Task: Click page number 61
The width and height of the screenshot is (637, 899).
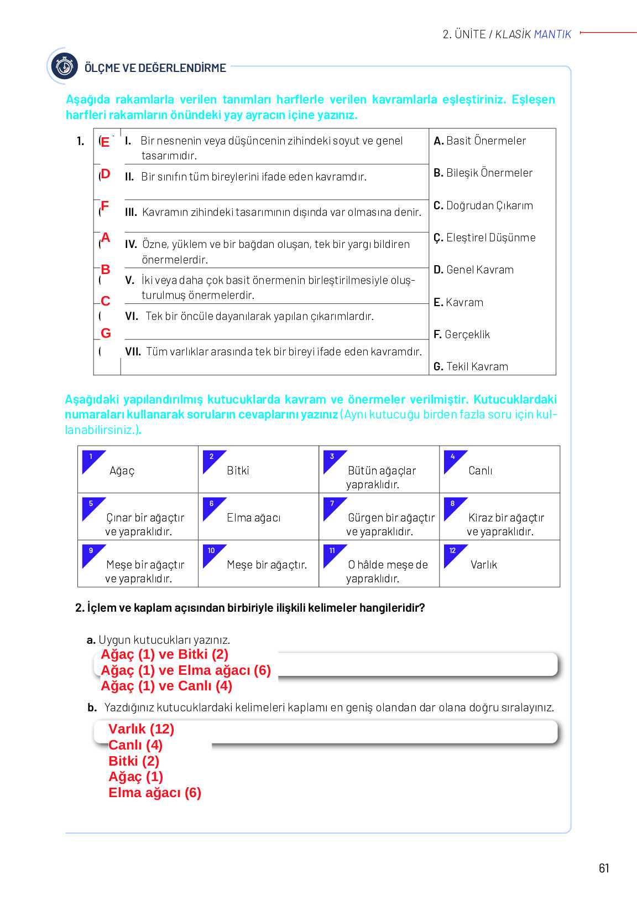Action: click(604, 868)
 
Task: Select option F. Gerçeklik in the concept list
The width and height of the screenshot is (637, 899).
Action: click(462, 334)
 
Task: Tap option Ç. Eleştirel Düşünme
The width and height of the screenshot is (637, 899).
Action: click(484, 237)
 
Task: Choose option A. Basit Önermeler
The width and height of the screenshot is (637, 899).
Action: click(479, 141)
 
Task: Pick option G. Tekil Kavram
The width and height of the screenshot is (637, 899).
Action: click(471, 366)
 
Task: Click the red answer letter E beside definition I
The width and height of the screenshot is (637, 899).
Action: click(105, 142)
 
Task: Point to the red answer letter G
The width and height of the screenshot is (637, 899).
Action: click(106, 333)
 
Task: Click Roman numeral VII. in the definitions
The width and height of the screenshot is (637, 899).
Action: click(133, 352)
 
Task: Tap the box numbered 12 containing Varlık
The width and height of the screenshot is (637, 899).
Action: click(499, 564)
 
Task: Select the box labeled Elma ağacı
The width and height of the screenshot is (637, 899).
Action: click(258, 516)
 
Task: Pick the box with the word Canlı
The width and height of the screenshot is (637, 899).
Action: click(499, 469)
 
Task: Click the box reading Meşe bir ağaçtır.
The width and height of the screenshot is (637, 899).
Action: click(258, 564)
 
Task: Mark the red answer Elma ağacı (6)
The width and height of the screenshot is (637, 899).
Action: click(155, 793)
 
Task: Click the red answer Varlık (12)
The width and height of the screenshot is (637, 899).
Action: click(141, 729)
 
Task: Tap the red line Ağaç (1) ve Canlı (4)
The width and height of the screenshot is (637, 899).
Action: click(166, 686)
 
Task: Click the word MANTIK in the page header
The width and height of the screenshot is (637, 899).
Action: click(552, 34)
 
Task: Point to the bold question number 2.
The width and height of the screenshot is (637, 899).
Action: click(80, 608)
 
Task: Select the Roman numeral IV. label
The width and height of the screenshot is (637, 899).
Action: click(131, 244)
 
